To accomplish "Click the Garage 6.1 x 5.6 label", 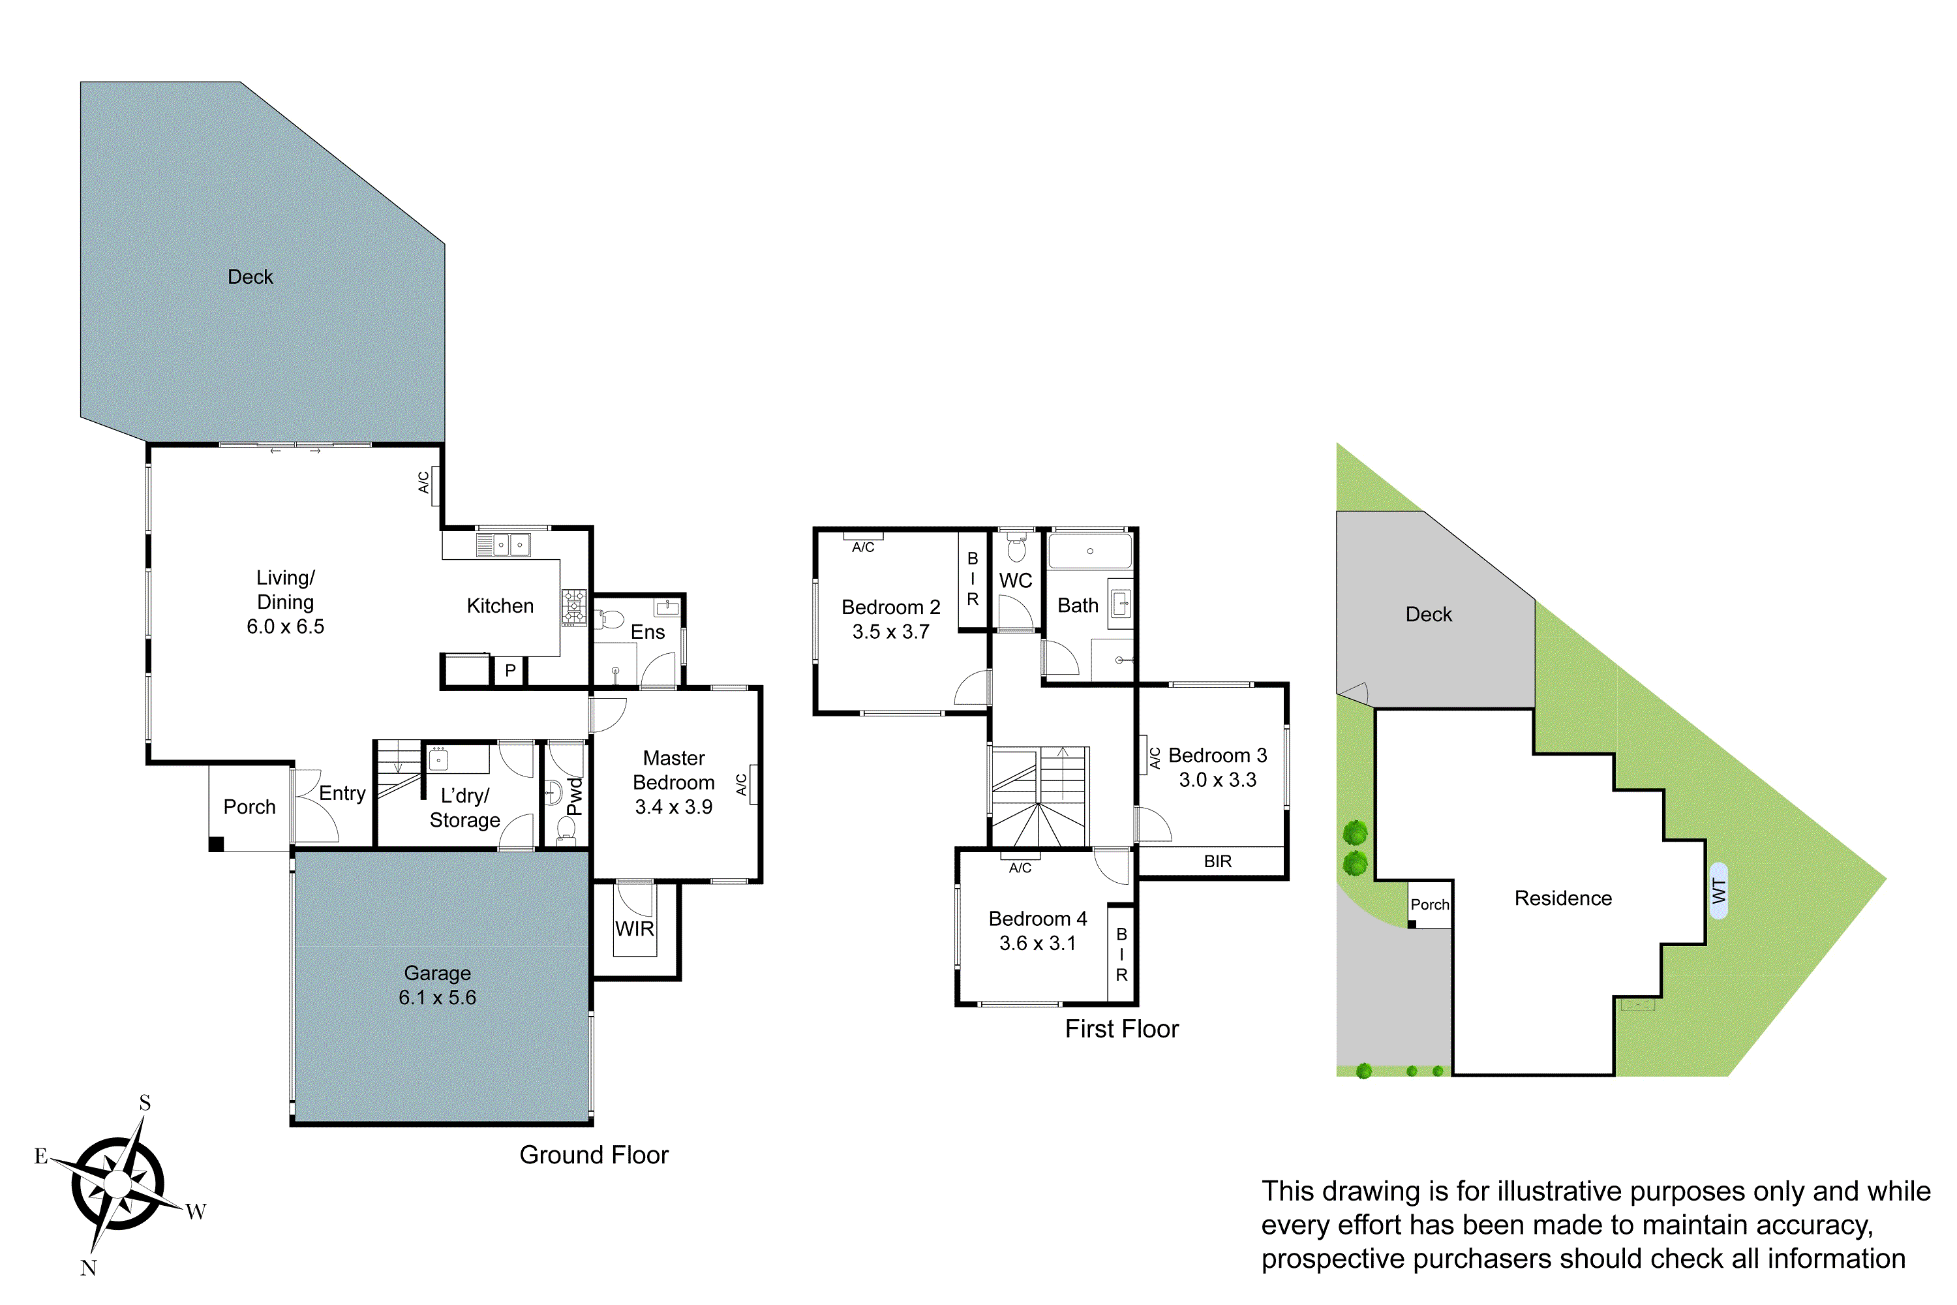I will click(x=437, y=985).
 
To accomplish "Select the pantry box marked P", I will click(x=510, y=670).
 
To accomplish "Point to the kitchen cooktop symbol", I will click(x=573, y=607).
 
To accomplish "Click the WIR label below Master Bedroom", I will click(x=634, y=929).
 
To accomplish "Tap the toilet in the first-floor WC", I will click(x=1016, y=549).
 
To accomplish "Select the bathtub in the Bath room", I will click(x=1089, y=551).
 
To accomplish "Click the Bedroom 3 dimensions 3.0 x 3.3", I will click(x=1217, y=780).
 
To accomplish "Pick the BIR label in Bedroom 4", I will click(x=1121, y=955).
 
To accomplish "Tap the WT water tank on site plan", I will click(x=1718, y=891).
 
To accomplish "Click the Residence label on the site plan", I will click(x=1562, y=898).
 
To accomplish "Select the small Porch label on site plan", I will click(x=1429, y=904).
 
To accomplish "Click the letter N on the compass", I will click(x=88, y=1268).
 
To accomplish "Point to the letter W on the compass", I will click(x=196, y=1211).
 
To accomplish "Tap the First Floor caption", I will click(x=1121, y=1029).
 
